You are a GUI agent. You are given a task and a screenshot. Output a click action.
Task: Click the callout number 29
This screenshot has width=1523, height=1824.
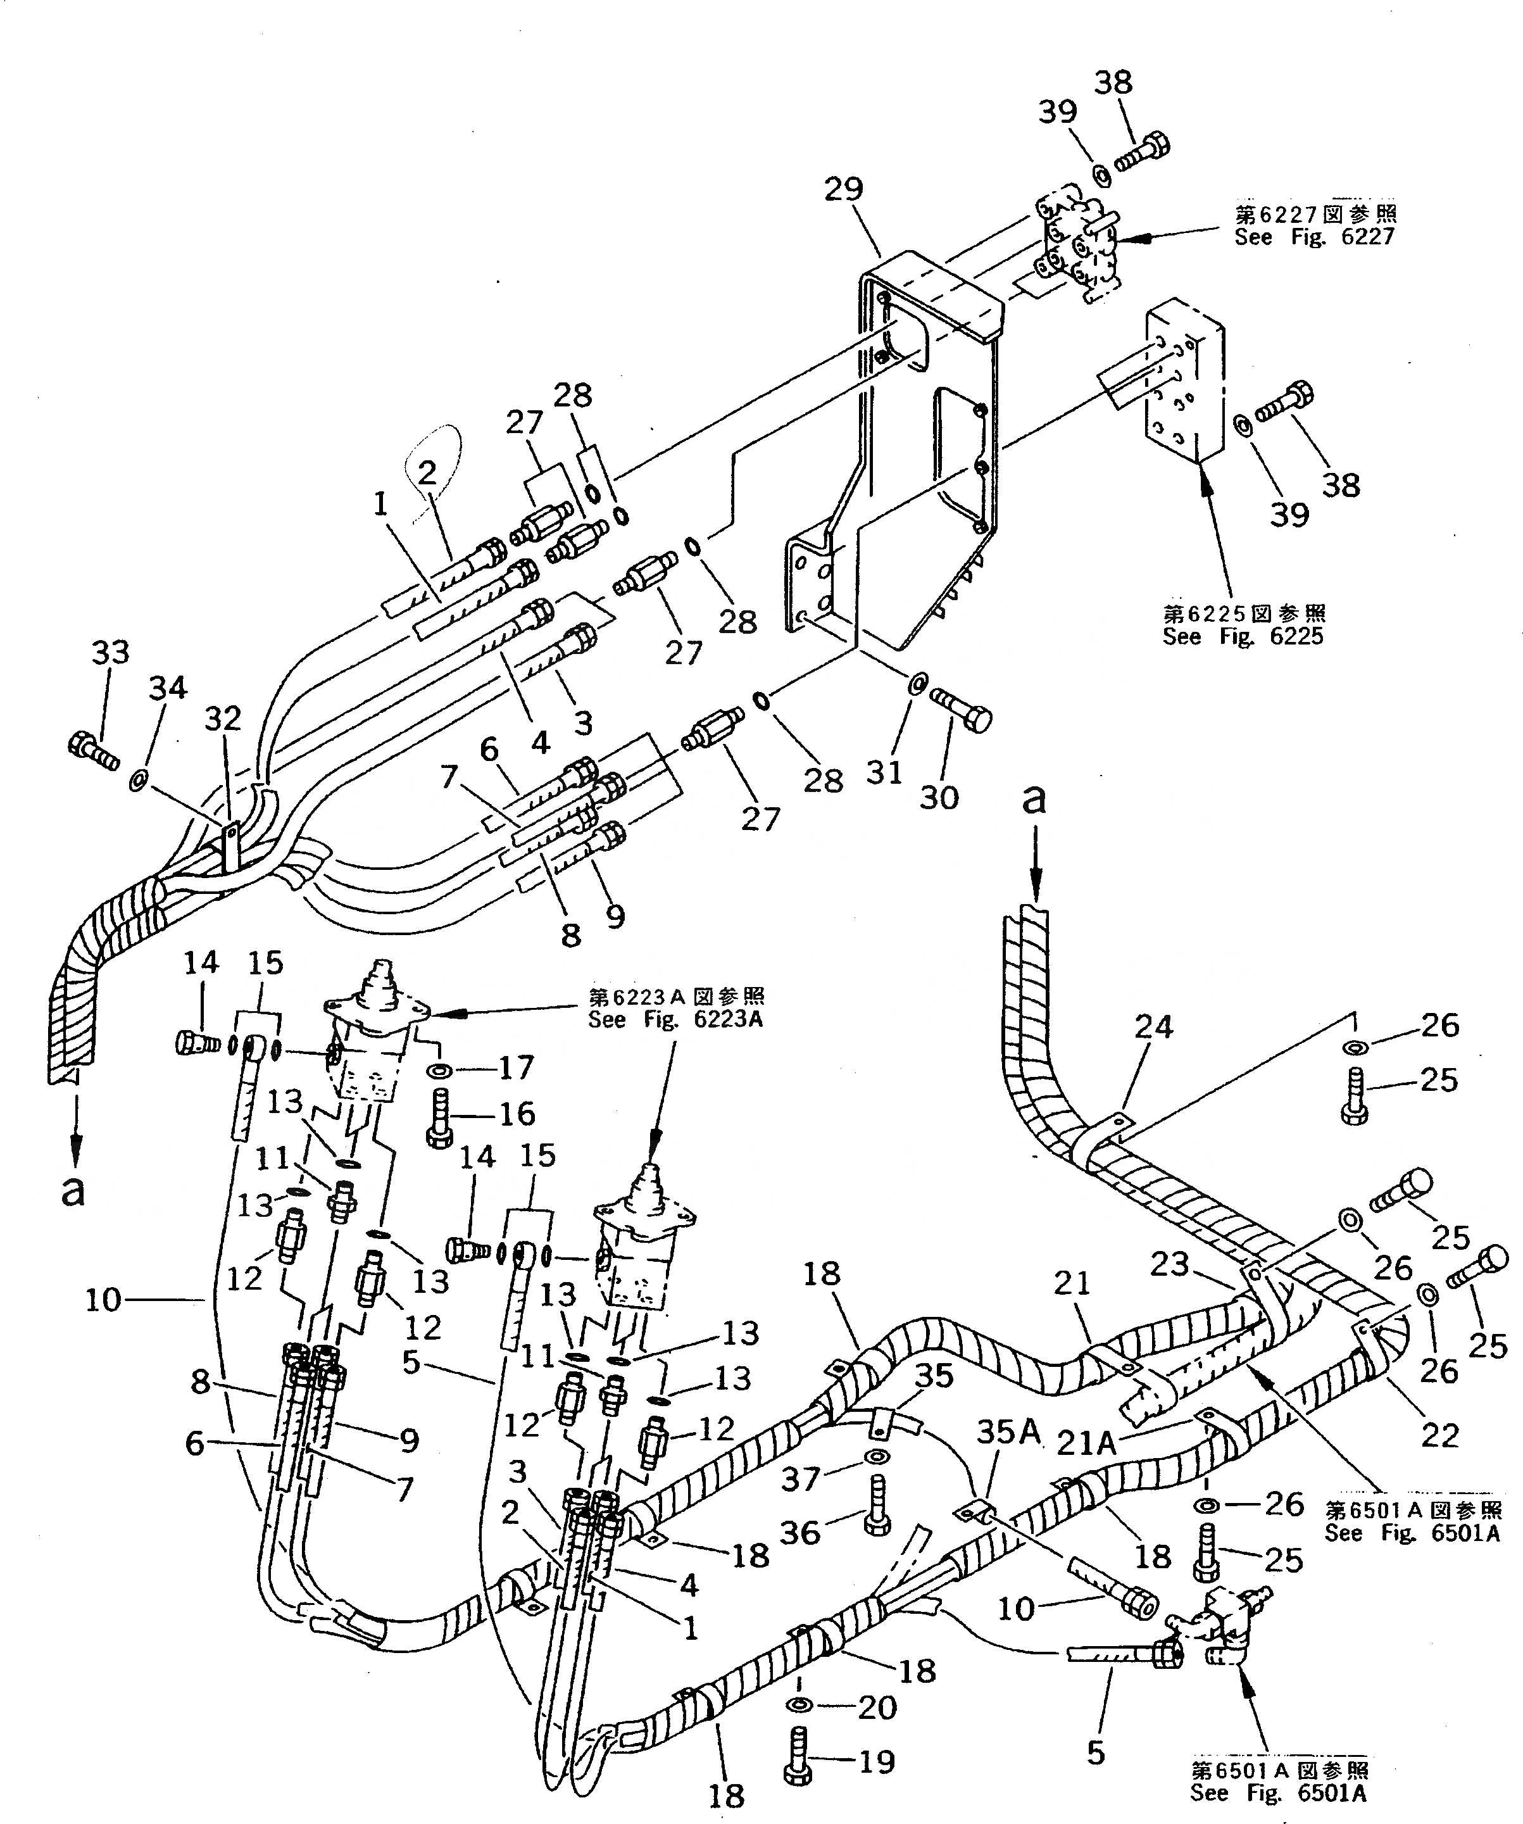click(843, 189)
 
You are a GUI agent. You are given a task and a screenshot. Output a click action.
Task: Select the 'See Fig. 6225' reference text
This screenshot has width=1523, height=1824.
click(1243, 637)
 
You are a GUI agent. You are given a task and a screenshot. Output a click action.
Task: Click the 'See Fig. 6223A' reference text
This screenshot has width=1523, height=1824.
click(675, 1020)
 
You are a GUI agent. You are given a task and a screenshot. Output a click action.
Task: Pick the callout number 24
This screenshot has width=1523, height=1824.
click(1153, 1028)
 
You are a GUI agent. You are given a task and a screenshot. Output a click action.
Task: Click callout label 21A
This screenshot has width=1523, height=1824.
click(1086, 1443)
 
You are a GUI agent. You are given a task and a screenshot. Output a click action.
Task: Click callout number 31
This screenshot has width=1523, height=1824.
click(885, 771)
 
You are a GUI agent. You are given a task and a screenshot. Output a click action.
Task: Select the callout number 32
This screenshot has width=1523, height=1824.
click(223, 720)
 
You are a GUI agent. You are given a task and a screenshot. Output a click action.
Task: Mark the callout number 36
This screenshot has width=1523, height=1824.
click(799, 1532)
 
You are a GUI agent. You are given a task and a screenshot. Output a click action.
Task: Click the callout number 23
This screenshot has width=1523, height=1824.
click(1169, 1264)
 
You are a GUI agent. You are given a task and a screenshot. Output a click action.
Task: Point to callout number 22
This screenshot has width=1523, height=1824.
click(1439, 1435)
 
